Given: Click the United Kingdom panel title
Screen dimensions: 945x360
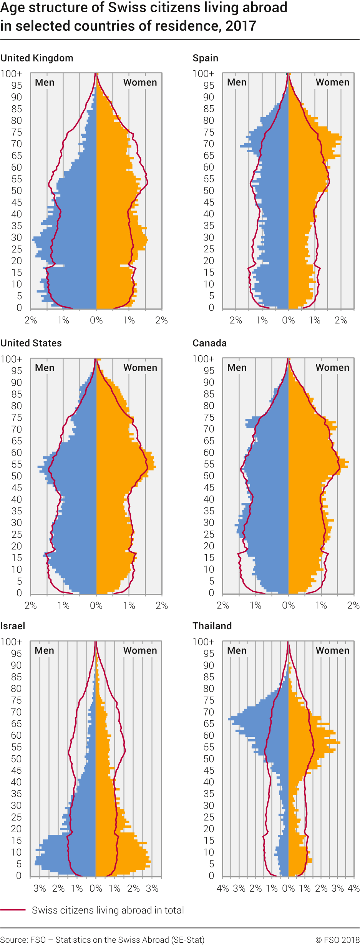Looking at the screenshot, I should (37, 58).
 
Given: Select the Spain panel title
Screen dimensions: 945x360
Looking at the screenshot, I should (205, 58).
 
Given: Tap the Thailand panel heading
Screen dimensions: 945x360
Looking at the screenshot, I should (212, 626).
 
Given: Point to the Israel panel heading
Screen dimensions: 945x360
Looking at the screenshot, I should (13, 626).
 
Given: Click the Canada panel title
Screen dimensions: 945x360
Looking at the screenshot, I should (209, 343).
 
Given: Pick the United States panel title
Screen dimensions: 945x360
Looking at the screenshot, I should (31, 343).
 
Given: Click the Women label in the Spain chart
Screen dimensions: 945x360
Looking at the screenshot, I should (332, 82).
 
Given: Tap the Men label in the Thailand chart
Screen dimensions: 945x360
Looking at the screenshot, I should (237, 650).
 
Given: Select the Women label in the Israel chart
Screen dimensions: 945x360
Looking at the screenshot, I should (140, 650).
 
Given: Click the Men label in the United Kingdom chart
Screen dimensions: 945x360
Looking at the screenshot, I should (45, 82).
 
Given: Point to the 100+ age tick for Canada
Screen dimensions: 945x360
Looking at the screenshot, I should (203, 359).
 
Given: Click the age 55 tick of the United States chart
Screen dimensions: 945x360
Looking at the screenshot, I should (17, 464).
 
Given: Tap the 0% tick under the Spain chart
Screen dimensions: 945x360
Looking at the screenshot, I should (288, 320).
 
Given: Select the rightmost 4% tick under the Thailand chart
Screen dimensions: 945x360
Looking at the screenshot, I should (353, 888).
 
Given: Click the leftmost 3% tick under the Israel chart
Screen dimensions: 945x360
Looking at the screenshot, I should (40, 888).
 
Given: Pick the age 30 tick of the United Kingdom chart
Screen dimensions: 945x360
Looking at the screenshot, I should (17, 237).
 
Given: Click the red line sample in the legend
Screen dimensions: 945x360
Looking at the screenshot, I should (13, 910).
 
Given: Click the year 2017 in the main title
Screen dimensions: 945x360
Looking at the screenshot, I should (241, 26).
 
